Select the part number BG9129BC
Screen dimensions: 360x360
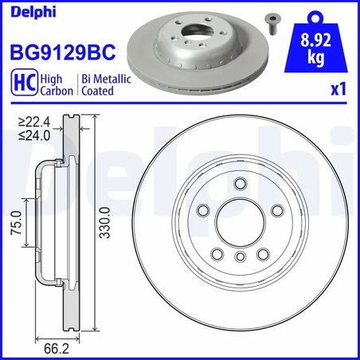(62, 53)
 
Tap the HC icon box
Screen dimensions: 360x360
(22, 85)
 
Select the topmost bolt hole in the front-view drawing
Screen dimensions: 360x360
(239, 185)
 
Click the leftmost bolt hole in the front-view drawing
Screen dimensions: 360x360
(203, 211)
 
